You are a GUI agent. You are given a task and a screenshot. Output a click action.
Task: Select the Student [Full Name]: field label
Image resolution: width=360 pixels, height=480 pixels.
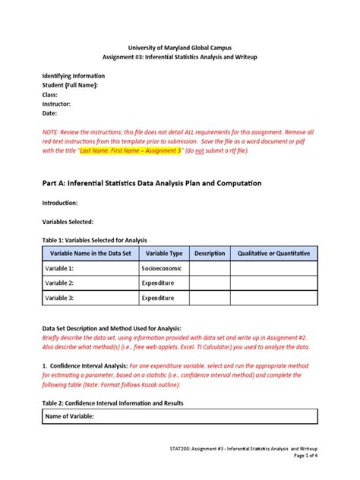(70, 86)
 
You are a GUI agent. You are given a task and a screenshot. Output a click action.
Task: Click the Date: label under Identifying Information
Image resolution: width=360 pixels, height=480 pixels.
(50, 113)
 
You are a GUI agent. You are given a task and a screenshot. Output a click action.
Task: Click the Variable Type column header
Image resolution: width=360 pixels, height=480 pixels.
(163, 253)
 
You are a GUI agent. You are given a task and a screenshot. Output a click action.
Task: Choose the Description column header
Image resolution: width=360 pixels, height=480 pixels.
(210, 253)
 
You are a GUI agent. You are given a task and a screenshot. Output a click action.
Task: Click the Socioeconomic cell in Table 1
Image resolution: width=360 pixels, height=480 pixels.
(161, 268)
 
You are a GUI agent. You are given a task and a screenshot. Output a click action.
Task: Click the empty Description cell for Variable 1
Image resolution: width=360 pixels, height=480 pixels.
(210, 268)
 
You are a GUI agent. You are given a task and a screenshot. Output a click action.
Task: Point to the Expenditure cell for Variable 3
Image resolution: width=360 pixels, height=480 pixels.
(158, 298)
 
